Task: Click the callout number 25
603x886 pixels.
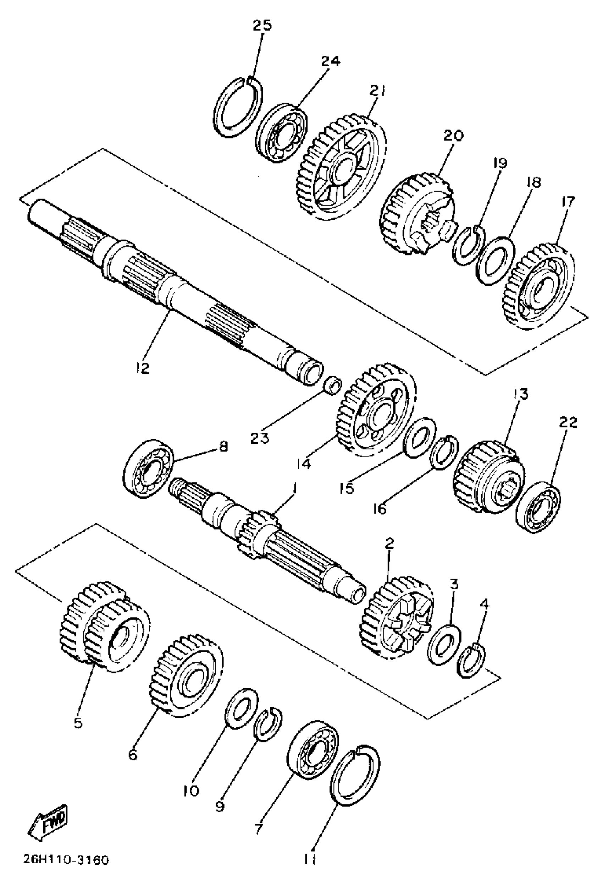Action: [262, 25]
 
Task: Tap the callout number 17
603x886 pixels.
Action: [568, 202]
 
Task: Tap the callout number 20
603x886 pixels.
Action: [453, 135]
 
